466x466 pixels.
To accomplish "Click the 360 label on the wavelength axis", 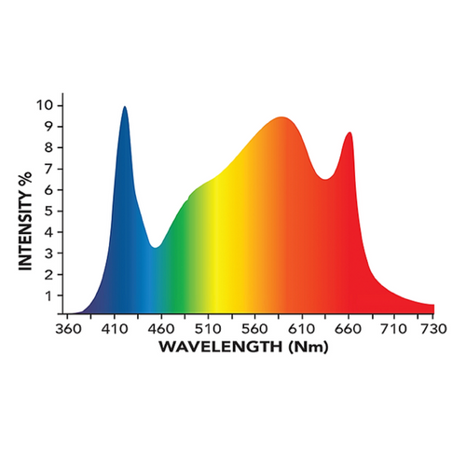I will (x=68, y=329).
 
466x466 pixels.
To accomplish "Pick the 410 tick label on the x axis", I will (x=115, y=329).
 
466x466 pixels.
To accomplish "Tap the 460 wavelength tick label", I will (x=161, y=329).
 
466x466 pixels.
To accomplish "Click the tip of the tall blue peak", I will (x=124, y=107).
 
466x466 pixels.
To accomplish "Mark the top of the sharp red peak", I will (x=349, y=133).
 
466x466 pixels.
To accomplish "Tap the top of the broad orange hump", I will (x=280, y=117).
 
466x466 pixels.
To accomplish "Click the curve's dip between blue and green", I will (x=156, y=247).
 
